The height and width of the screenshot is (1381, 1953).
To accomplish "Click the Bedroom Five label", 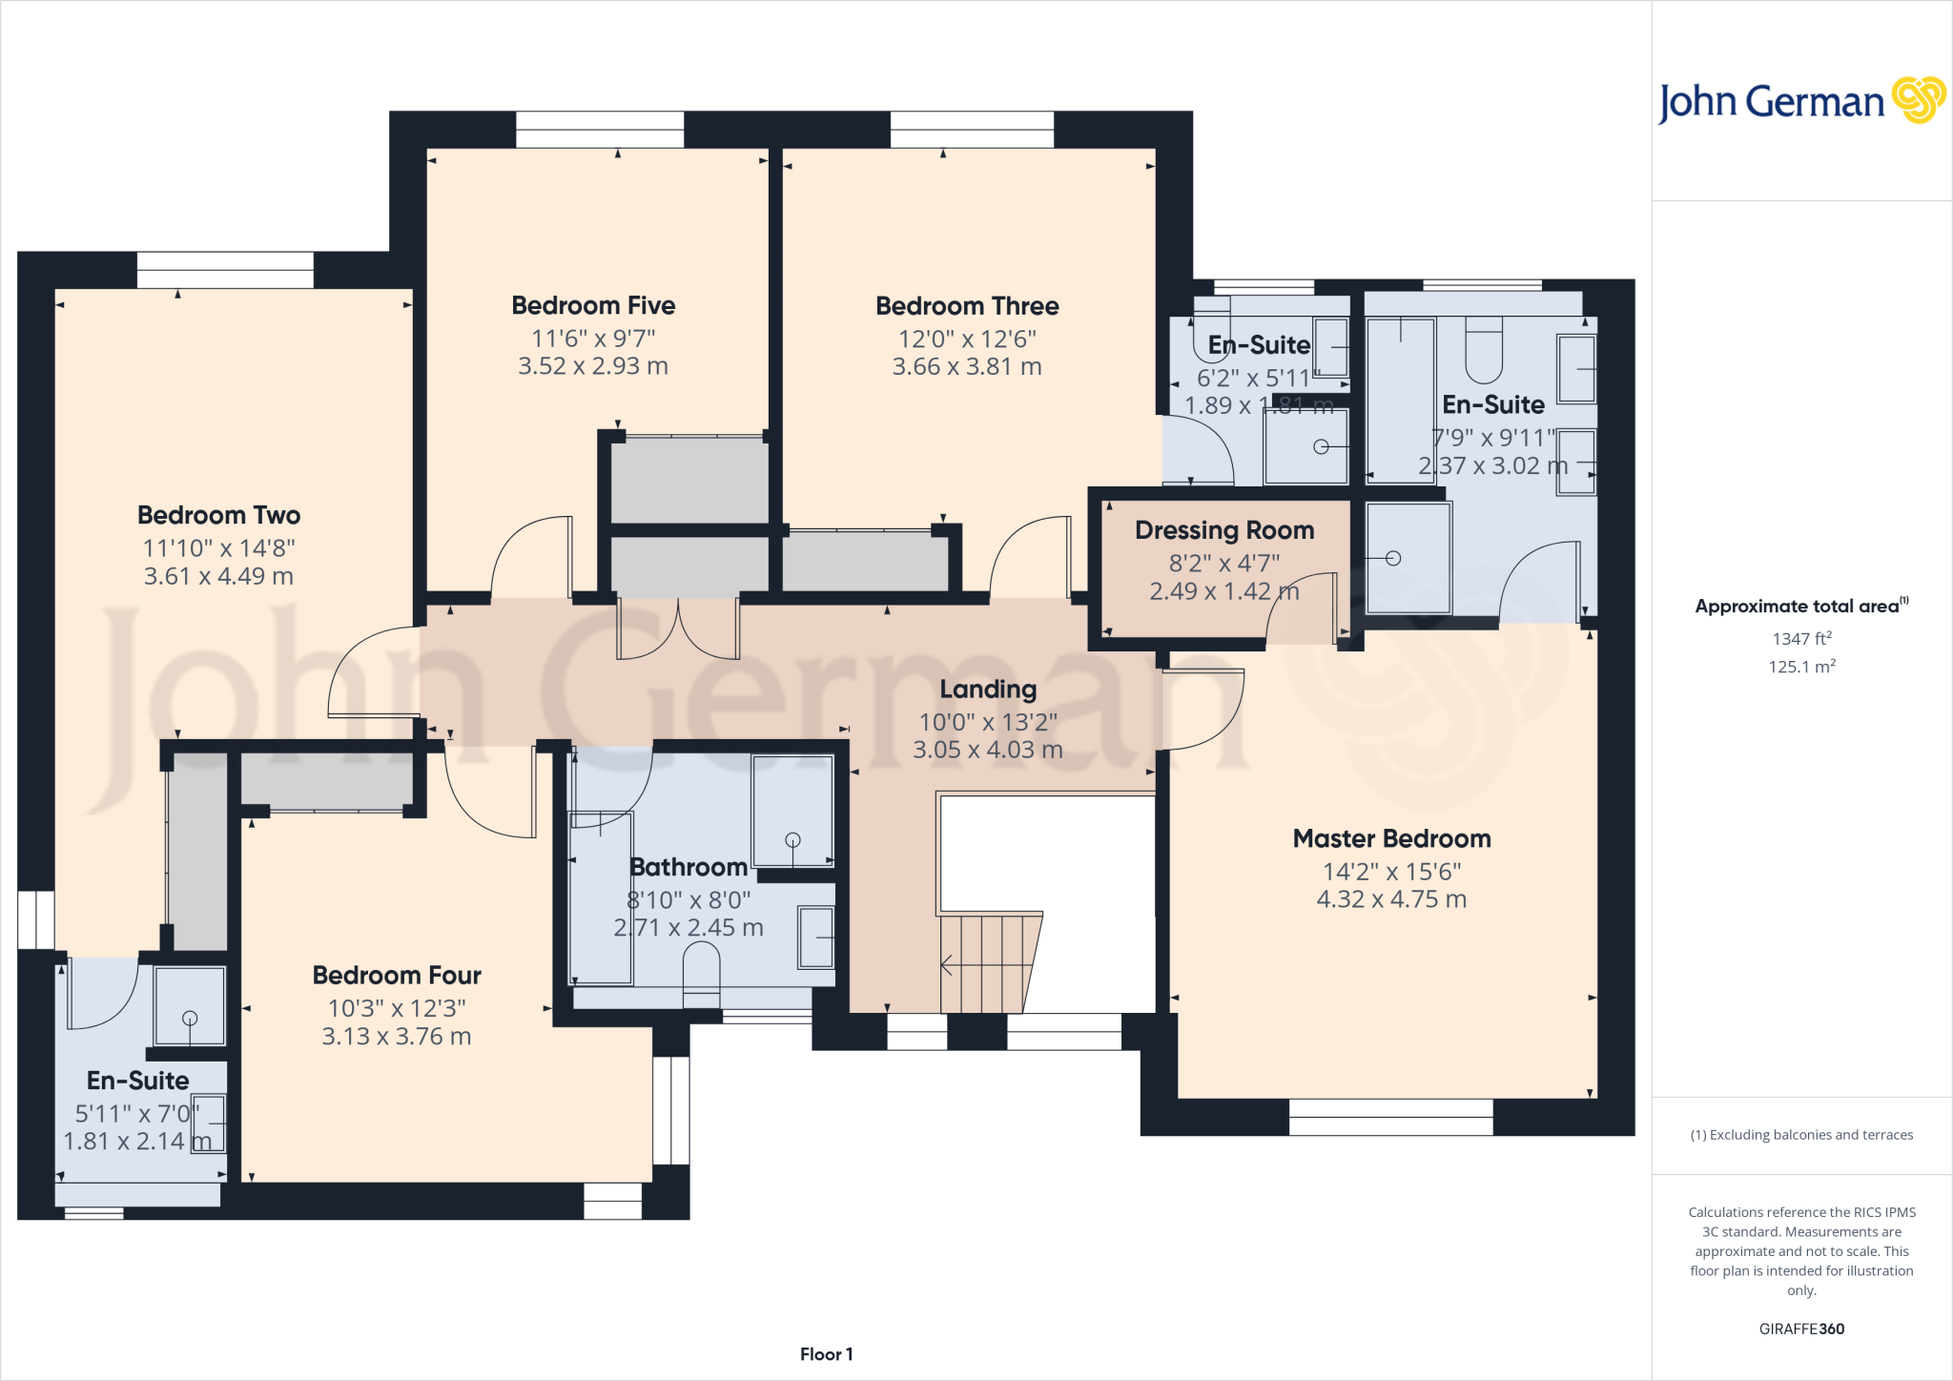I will point(593,305).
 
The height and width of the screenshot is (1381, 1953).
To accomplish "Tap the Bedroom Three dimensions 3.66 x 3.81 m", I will point(966,367).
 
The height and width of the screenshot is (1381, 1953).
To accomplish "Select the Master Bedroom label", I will point(1391,838).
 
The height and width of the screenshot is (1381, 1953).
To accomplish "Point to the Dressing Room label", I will point(1223,530).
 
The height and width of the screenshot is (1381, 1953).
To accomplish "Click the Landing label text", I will point(988,689).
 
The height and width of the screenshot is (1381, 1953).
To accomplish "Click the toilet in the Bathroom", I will point(701,973).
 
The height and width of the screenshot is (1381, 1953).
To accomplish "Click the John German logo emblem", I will point(1918,100).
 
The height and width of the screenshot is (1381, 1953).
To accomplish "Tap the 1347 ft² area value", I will point(1801,639).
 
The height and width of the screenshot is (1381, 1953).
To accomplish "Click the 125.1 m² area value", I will point(1801,667).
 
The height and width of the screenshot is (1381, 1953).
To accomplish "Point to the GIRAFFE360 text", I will point(1801,1329).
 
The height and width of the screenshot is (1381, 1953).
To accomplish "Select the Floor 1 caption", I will point(826,1354).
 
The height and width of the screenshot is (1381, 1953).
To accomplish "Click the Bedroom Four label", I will point(397,976).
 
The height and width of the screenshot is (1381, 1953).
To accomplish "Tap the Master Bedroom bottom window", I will point(1390,1117).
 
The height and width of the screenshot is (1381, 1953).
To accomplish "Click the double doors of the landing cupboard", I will point(678,629).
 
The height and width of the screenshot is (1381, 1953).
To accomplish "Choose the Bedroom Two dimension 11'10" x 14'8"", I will point(218,548).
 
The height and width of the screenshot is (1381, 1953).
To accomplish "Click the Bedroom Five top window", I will point(600,130).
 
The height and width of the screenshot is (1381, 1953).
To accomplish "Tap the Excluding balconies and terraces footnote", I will point(1801,1135).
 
